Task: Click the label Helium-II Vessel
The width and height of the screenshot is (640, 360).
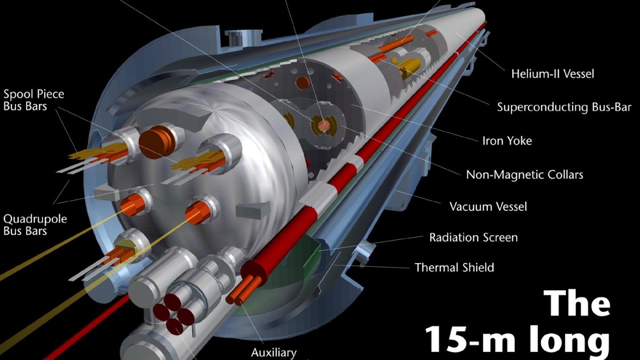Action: point(553,74)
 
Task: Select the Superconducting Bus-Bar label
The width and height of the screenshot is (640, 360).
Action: point(564,107)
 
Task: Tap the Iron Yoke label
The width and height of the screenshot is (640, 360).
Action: point(507,141)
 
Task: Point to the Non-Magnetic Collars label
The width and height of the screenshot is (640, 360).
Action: point(525,174)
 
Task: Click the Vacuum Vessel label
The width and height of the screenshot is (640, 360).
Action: point(489,206)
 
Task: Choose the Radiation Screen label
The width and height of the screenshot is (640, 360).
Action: point(474,237)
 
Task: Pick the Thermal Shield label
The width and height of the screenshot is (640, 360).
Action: point(454,267)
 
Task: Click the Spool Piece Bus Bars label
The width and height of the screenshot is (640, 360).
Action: point(34,100)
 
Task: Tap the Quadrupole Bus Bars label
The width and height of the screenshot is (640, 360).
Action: point(35,225)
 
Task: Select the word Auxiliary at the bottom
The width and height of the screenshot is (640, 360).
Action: point(274,353)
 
